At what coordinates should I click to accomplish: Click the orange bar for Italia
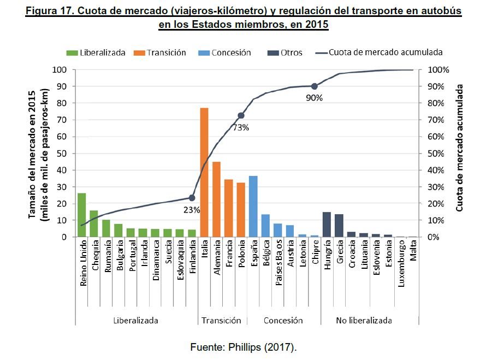pos(204,172)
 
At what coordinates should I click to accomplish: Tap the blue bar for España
pos(253,206)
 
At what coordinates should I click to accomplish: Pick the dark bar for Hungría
pos(327,224)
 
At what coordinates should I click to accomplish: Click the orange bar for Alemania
pos(216,199)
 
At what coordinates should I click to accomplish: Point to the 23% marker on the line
pos(192,198)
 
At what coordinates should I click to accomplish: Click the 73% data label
pos(241,127)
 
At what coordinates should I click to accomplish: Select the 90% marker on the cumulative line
pos(315,86)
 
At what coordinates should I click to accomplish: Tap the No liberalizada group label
pos(364,321)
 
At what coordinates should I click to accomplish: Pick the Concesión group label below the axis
pos(283,321)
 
